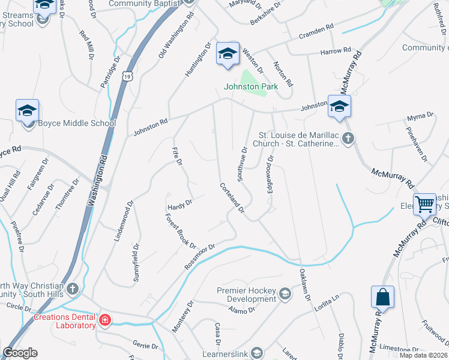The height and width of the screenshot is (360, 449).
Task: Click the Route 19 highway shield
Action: [125, 76]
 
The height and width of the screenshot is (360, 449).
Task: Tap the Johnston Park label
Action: [251, 86]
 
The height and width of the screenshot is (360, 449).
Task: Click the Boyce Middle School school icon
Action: [28, 112]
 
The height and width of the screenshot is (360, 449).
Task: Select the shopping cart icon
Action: [424, 204]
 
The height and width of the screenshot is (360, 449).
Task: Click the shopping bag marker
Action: [382, 296]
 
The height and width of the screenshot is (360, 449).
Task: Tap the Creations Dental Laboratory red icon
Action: [105, 321]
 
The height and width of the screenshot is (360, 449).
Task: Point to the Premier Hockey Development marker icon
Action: [285, 294]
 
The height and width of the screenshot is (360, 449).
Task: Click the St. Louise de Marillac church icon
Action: [348, 139]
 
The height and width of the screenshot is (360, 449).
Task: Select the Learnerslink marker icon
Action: [257, 353]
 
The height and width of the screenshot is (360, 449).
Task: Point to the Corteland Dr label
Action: [232, 197]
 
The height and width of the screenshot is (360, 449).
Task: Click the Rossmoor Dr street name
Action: [200, 256]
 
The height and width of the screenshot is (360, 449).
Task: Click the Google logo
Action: [20, 353]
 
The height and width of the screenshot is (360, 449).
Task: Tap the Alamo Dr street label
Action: [242, 310]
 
